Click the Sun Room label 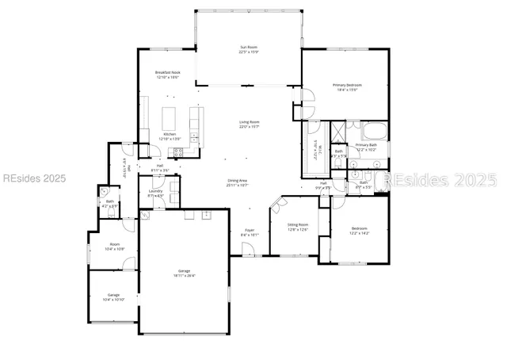pyautogui.click(x=250, y=48)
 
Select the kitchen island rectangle pyautogui.click(x=170, y=118)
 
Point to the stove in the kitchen pyautogui.click(x=195, y=119)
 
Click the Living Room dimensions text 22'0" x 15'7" pyautogui.click(x=250, y=127)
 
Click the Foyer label pyautogui.click(x=250, y=231)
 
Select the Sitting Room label pyautogui.click(x=297, y=224)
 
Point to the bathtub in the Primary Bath pyautogui.click(x=372, y=131)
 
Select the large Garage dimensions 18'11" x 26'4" pyautogui.click(x=186, y=274)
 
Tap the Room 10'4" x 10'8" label pyautogui.click(x=114, y=246)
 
